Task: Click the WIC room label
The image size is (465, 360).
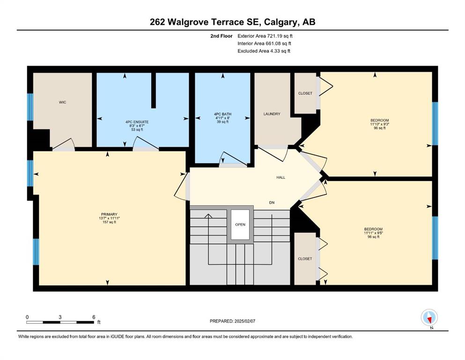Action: [62, 102]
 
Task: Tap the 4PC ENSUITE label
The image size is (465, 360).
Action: [137, 122]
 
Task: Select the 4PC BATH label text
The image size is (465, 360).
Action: [222, 114]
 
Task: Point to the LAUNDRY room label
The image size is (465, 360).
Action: [272, 114]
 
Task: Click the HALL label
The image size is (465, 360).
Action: [280, 178]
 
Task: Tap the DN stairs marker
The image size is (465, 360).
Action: [272, 202]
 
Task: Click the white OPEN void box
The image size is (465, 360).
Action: [240, 225]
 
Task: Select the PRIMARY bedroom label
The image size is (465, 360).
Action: [109, 214]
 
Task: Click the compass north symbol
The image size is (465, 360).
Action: [429, 317]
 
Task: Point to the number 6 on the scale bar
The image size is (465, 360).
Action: [94, 317]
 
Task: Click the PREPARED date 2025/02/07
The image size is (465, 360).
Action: [244, 321]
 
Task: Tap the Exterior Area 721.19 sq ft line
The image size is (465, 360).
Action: [265, 36]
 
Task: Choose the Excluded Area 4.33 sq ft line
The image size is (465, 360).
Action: [264, 51]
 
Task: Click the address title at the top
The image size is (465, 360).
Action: [232, 22]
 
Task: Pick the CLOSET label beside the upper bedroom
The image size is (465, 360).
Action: [305, 93]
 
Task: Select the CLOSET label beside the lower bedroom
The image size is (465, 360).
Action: [305, 259]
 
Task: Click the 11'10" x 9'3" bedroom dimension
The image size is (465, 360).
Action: [380, 124]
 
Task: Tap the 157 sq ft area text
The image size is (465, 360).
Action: [109, 222]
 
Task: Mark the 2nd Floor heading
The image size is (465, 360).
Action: [221, 36]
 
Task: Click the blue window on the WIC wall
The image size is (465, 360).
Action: [30, 107]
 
